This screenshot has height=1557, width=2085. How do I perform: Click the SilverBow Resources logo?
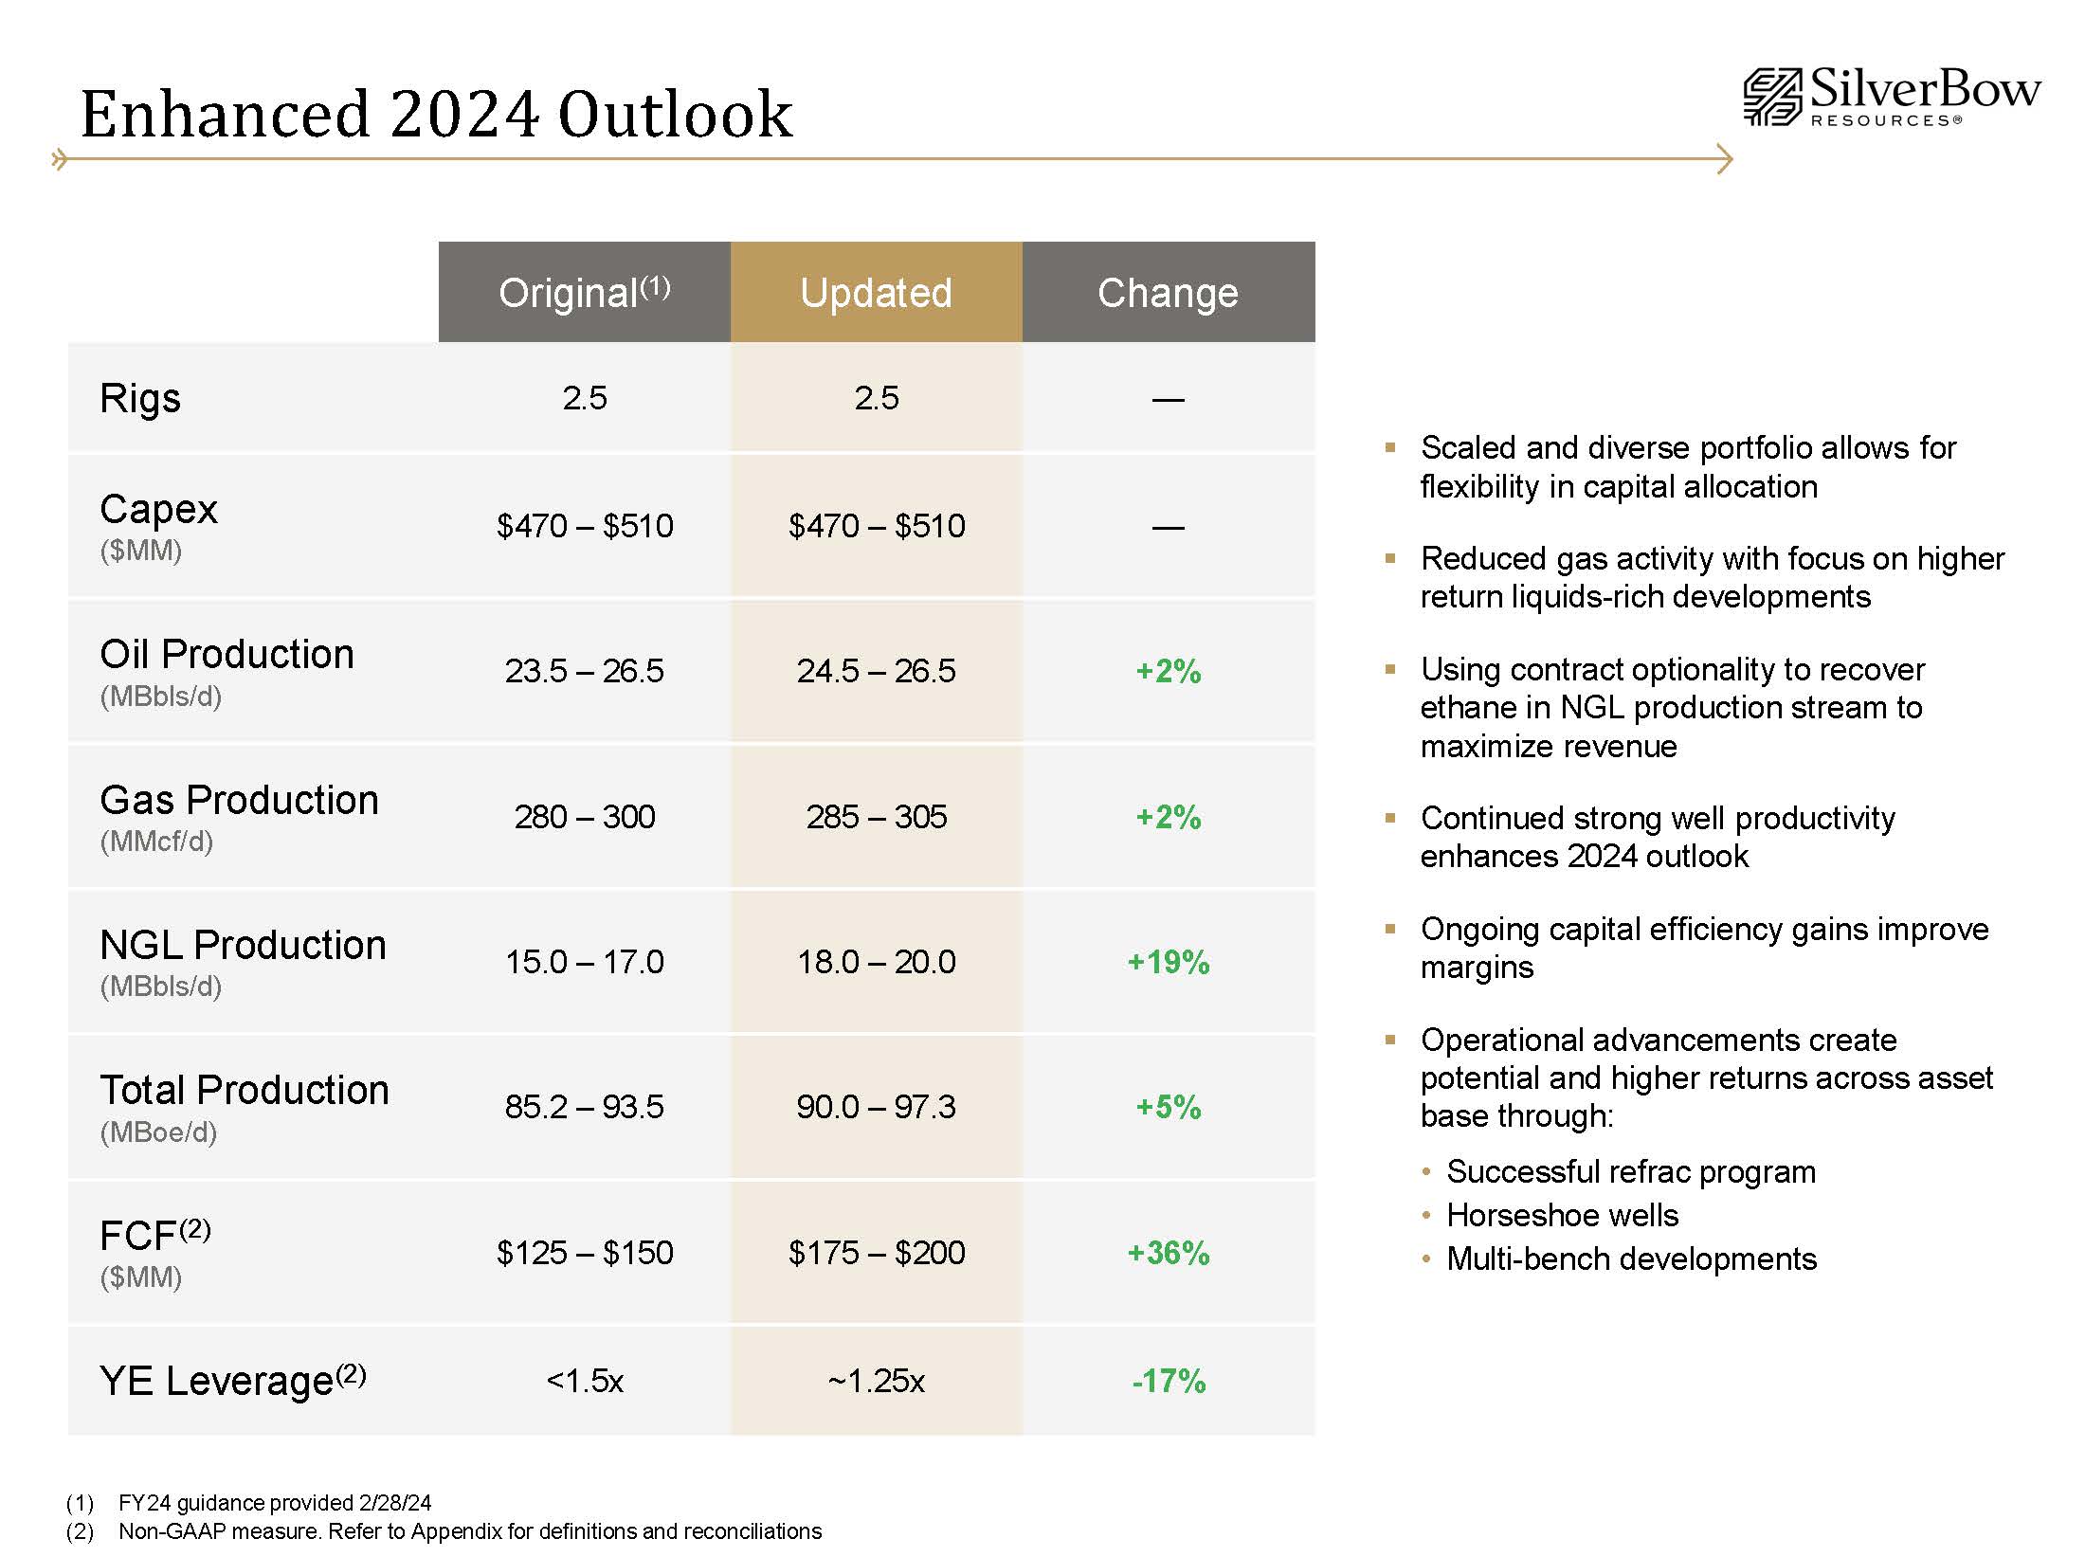click(1891, 97)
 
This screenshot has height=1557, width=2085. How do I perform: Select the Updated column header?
click(876, 293)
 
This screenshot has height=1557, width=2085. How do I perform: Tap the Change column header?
click(1168, 293)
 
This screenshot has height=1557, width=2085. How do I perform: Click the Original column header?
click(584, 293)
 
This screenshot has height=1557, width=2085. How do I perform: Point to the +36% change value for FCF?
click(1168, 1253)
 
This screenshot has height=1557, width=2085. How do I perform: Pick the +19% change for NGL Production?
click(1168, 962)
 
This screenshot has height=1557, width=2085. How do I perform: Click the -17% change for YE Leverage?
click(1168, 1381)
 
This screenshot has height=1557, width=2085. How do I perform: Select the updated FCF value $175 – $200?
click(876, 1253)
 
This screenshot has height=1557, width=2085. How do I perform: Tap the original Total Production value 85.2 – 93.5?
click(584, 1107)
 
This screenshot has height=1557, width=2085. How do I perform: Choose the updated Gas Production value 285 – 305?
click(876, 817)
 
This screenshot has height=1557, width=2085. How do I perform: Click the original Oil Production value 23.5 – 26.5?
click(584, 671)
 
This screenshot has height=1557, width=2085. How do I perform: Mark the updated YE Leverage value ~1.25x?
click(876, 1381)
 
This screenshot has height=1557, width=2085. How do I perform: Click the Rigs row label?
click(140, 398)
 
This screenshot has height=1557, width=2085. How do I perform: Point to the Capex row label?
click(158, 510)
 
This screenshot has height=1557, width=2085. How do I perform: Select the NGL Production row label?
click(243, 945)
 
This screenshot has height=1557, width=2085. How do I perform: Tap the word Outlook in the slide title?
click(675, 114)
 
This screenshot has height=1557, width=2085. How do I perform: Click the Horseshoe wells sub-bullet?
click(1562, 1215)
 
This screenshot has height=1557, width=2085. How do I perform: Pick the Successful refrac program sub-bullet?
click(1630, 1172)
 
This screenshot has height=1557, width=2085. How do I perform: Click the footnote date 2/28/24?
click(394, 1503)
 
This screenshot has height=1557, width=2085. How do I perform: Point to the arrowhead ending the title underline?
click(1725, 159)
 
